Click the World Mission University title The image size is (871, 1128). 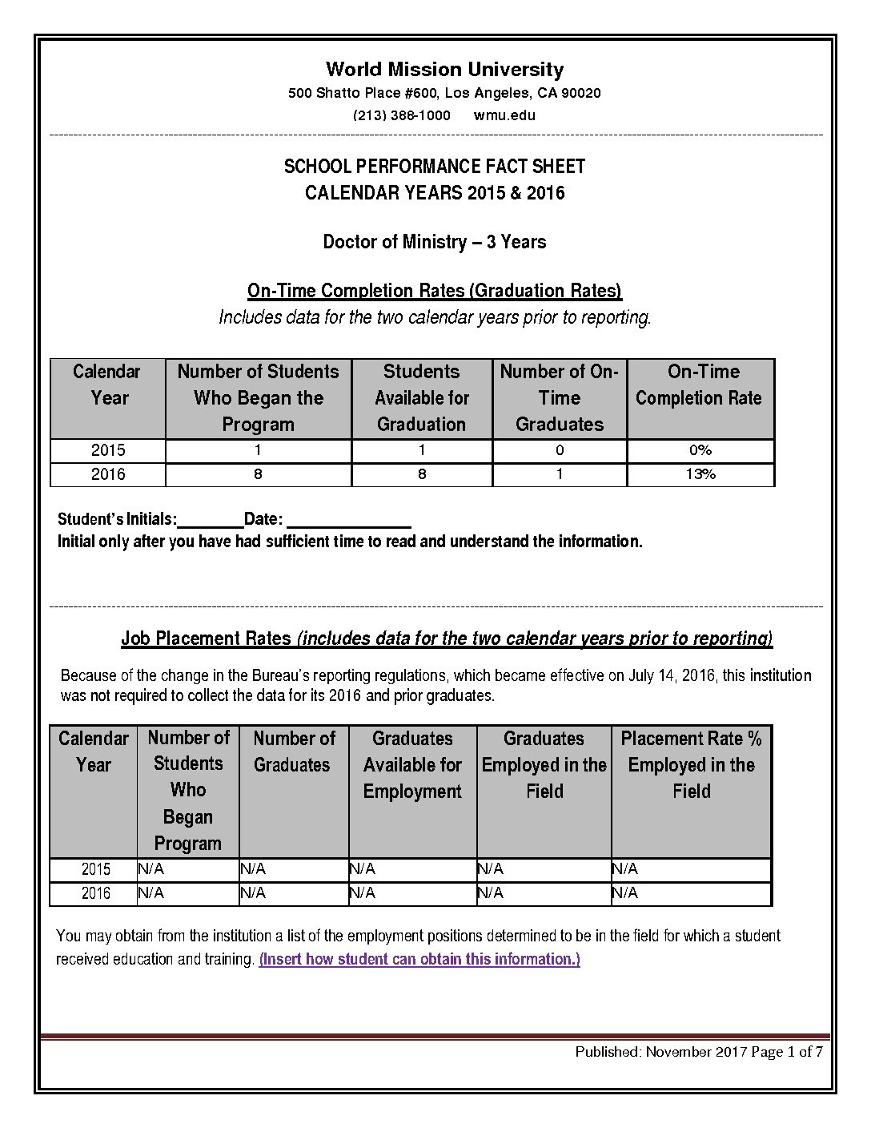pos(444,70)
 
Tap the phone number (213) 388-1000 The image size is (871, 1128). pos(401,115)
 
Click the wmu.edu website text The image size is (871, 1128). pos(504,115)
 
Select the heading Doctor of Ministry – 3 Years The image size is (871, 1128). pos(434,242)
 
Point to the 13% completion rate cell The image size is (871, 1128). pos(700,474)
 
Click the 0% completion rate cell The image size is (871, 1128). pos(700,450)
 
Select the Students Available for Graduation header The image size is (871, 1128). pos(422,398)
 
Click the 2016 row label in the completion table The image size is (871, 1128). pos(108,474)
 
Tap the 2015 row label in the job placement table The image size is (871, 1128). pos(96,869)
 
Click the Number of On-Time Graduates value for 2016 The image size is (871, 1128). pos(560,474)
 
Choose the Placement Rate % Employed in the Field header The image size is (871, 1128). pos(691,765)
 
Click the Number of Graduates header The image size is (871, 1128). pos(293,751)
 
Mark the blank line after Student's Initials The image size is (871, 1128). pos(210,522)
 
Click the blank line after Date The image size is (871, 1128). pos(348,522)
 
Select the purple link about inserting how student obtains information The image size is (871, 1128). pos(419,959)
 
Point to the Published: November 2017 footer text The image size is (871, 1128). pos(661,1052)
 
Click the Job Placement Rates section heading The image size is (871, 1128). pos(446,639)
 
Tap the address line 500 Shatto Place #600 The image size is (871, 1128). pos(444,94)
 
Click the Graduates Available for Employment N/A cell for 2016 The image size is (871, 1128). pos(363,893)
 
